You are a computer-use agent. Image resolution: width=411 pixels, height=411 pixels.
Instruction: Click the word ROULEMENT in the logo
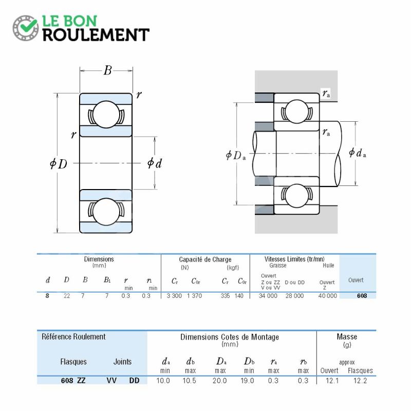click(x=96, y=35)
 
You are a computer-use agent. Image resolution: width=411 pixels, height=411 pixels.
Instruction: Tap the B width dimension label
click(x=107, y=70)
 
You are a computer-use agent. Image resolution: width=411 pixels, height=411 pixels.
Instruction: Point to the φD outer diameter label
click(x=59, y=164)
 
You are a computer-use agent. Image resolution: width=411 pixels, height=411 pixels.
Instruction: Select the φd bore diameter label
click(x=155, y=163)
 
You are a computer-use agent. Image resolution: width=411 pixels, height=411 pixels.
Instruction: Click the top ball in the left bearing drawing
click(x=106, y=115)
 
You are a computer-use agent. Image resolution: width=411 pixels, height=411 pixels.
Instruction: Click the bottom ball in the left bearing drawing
click(x=106, y=211)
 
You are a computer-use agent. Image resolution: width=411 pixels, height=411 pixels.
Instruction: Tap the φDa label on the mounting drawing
click(x=236, y=156)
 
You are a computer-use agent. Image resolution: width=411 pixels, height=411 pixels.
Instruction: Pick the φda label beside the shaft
click(x=357, y=153)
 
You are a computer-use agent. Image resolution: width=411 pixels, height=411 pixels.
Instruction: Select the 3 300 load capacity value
click(x=174, y=296)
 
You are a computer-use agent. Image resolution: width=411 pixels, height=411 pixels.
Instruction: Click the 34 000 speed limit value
click(x=268, y=296)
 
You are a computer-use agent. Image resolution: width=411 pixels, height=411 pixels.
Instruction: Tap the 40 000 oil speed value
click(x=328, y=296)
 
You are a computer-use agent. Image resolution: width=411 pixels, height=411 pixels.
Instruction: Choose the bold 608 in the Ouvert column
click(x=362, y=296)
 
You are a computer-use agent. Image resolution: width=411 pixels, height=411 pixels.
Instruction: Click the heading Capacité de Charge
click(x=205, y=259)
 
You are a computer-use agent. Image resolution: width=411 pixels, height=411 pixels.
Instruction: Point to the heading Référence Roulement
click(x=73, y=337)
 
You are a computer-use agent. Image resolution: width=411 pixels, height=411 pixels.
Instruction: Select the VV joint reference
click(x=111, y=380)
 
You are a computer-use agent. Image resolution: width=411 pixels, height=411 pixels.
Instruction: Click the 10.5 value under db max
click(x=189, y=381)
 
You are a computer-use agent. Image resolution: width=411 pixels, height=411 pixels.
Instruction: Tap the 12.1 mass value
click(x=332, y=381)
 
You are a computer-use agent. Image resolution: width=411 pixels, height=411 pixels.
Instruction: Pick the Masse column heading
click(x=347, y=337)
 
